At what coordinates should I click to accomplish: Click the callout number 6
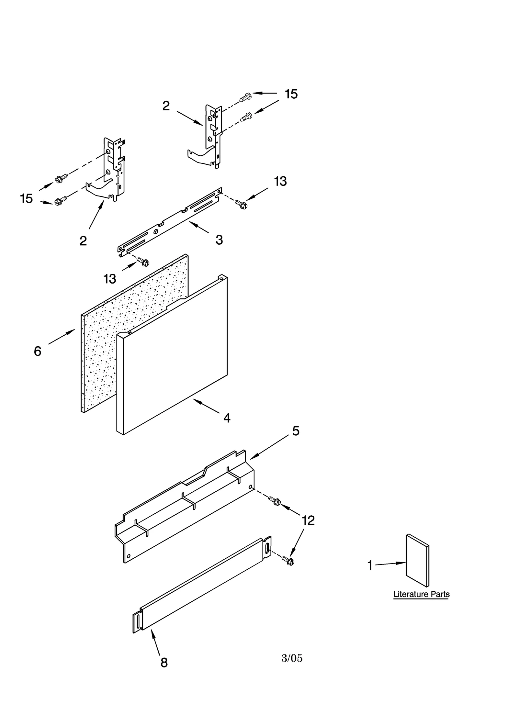[38, 351]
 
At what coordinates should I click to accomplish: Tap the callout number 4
[227, 418]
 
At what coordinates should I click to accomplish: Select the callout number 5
[296, 431]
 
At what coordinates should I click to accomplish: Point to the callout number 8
[164, 663]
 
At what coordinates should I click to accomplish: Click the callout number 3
[219, 240]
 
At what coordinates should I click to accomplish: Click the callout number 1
[370, 565]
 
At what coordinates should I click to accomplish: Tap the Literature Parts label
[421, 594]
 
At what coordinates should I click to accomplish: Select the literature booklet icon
[418, 560]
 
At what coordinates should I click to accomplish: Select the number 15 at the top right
[291, 94]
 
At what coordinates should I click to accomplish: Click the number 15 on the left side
[26, 198]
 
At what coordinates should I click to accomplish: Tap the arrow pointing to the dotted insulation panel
[62, 337]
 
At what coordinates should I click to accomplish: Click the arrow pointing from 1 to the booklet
[390, 564]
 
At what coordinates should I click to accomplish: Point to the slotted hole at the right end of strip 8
[267, 548]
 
